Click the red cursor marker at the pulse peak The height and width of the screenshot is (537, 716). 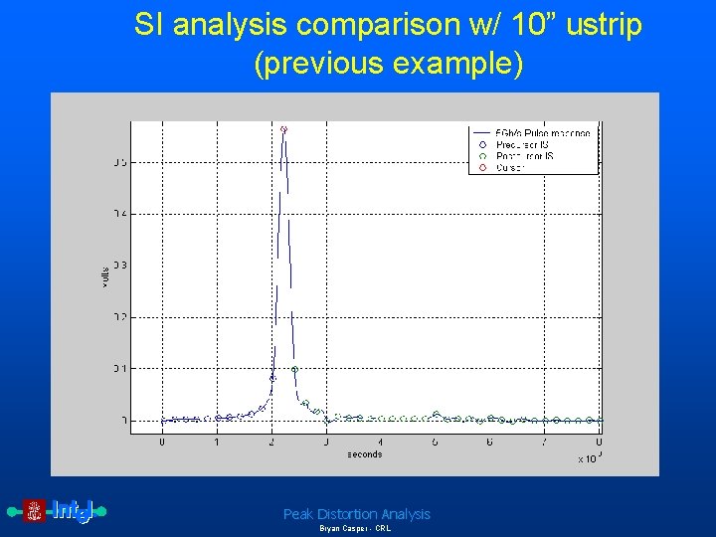(x=283, y=129)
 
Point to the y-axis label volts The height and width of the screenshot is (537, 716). (x=105, y=277)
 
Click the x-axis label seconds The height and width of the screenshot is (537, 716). (x=364, y=454)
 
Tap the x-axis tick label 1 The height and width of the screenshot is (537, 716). (x=217, y=443)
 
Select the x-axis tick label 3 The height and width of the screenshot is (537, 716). (x=326, y=443)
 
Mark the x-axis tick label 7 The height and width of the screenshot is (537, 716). (x=544, y=443)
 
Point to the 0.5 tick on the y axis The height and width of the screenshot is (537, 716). (x=119, y=162)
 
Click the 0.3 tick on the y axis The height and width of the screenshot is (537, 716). (x=119, y=266)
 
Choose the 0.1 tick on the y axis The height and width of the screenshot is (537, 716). (x=119, y=368)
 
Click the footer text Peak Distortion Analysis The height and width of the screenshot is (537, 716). (x=357, y=514)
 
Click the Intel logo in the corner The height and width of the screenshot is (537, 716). (x=61, y=511)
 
